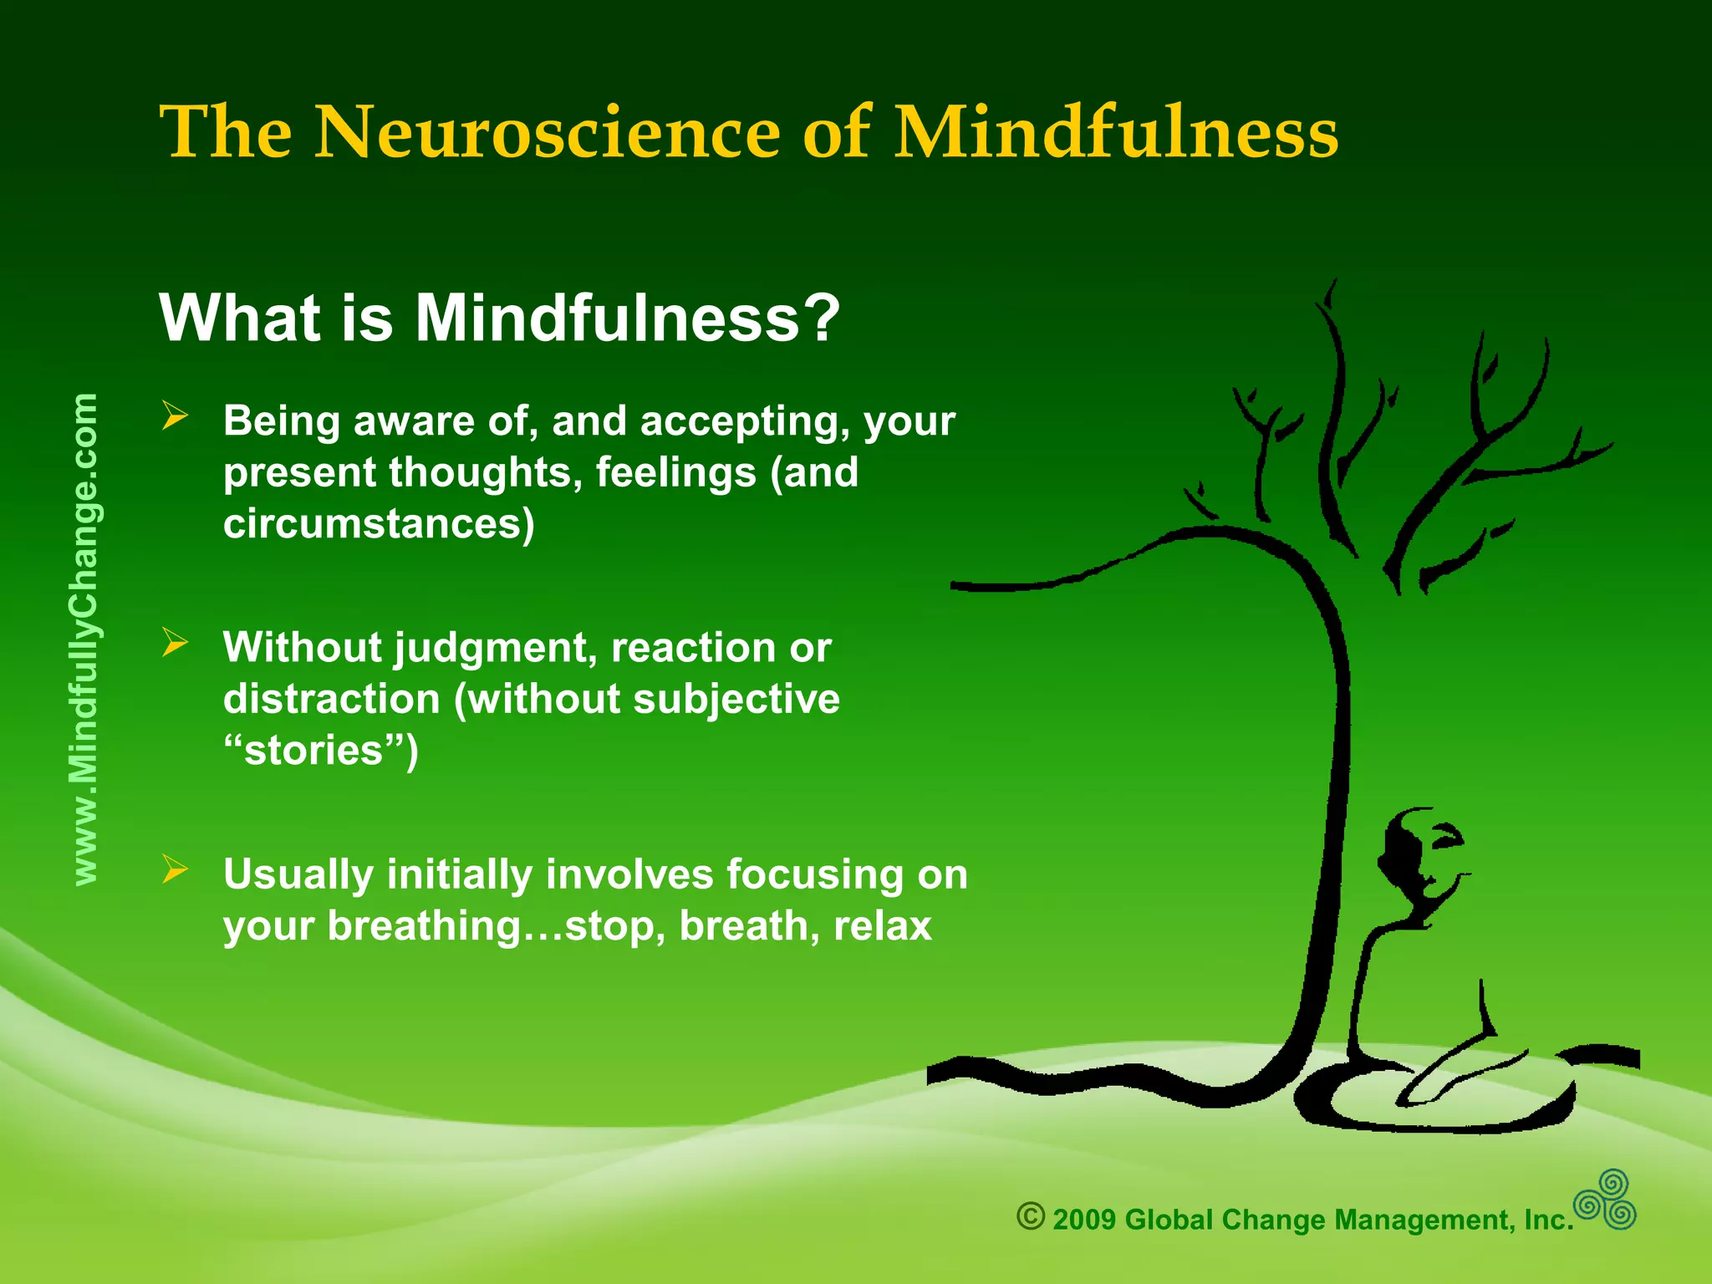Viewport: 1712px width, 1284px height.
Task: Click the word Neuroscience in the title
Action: click(547, 133)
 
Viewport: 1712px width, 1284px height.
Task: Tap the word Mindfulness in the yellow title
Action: click(1116, 133)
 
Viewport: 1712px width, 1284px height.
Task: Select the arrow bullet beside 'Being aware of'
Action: click(176, 415)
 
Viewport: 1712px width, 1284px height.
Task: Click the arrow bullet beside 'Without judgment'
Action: click(176, 643)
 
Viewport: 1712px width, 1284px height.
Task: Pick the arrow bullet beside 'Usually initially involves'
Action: click(176, 869)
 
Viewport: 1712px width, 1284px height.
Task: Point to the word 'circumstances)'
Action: click(379, 525)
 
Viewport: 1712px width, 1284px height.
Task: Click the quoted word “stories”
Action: click(320, 751)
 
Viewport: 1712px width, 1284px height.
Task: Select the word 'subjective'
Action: click(736, 699)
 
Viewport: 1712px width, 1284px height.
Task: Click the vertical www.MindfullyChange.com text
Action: click(85, 639)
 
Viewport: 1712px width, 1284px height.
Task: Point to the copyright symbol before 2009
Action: click(1031, 1216)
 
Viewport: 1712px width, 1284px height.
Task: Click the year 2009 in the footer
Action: click(1084, 1220)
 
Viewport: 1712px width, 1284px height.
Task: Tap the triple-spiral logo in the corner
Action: click(1605, 1200)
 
